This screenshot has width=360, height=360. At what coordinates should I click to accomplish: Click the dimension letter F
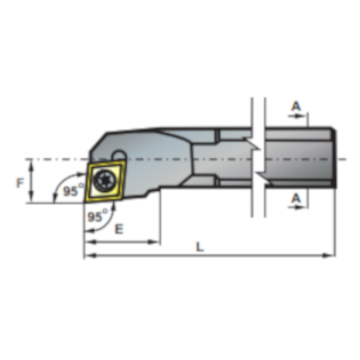coord(20,183)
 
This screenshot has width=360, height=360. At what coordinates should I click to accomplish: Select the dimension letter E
coord(119,229)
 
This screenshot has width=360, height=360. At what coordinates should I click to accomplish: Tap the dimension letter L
coord(200,247)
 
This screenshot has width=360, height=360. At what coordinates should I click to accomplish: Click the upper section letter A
coord(296,106)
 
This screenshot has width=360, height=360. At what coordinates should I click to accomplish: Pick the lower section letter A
coord(296,198)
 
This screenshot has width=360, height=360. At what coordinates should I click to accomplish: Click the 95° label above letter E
coord(97,215)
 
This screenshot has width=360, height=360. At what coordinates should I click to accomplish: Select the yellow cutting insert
coord(104,181)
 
